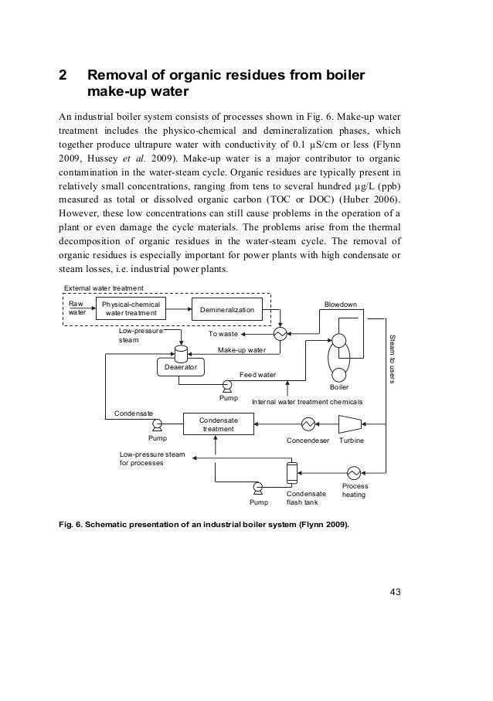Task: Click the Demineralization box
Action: [227, 309]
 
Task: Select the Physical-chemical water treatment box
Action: [131, 309]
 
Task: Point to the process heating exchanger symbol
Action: [355, 472]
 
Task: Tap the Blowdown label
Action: [340, 305]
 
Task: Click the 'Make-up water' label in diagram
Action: [241, 350]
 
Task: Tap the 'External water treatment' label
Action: [104, 289]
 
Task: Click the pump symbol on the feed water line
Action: [228, 385]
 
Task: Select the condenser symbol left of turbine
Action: [308, 424]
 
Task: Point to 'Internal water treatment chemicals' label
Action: [308, 403]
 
